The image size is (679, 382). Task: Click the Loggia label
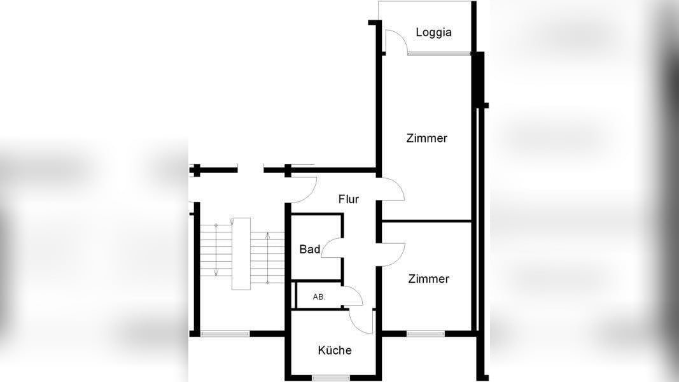pos(433,32)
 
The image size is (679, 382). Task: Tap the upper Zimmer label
pos(426,138)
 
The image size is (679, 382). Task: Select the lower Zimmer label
pos(428,279)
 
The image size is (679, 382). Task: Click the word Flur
pos(348,199)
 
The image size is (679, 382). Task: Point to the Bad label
pos(310,249)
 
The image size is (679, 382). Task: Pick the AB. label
pos(319,297)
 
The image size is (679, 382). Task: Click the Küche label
pos(335,350)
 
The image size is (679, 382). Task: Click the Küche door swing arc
pos(360,321)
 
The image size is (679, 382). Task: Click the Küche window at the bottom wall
pos(331,377)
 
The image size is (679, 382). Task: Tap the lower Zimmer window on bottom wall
pos(426,333)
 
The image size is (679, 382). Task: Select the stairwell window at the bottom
pos(225,333)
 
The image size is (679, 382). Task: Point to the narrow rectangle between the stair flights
pos(242,253)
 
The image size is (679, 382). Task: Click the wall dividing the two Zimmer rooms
pos(426,222)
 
